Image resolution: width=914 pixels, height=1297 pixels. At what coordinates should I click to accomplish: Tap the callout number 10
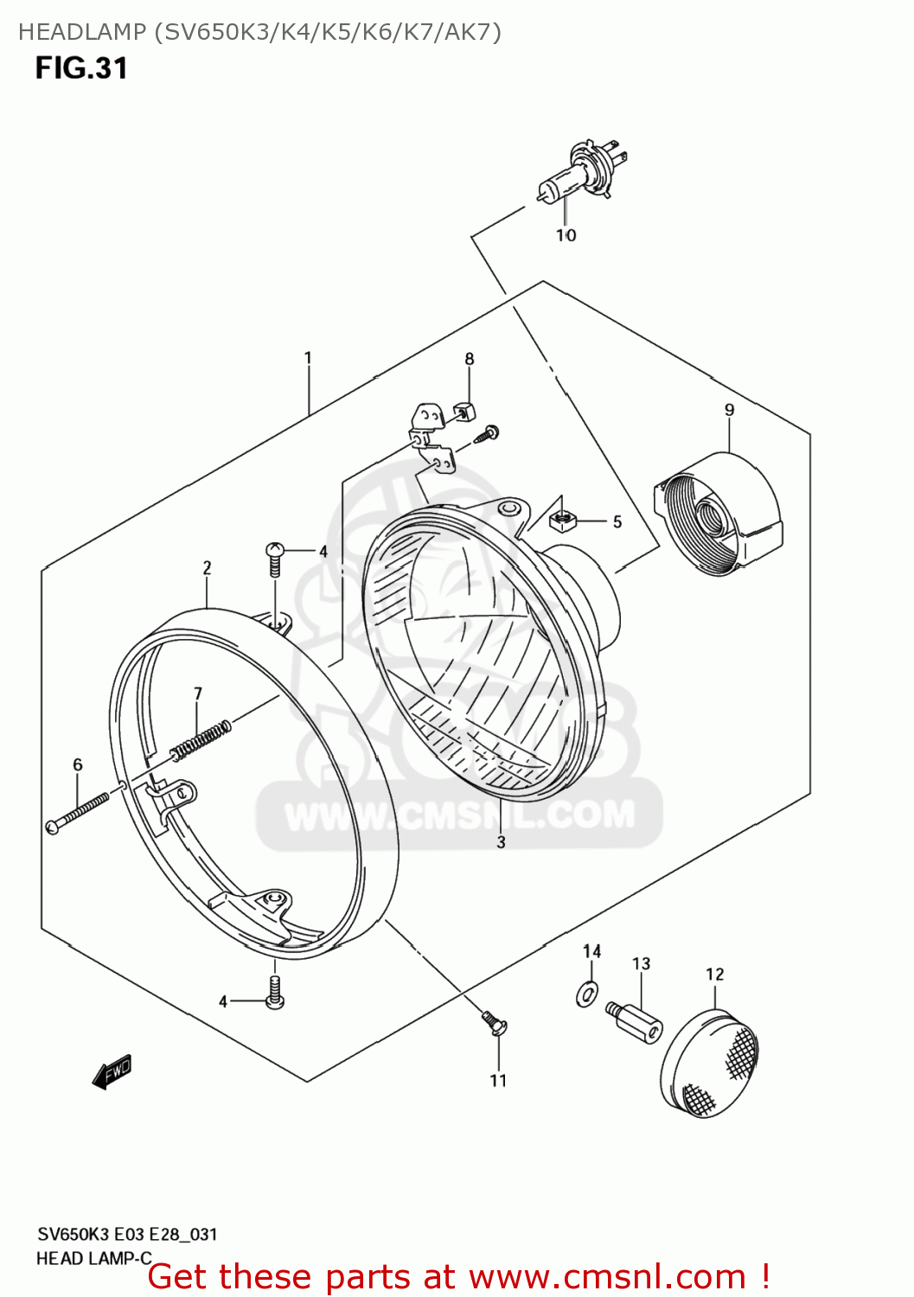point(566,235)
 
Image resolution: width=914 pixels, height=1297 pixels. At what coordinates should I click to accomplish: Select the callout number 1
point(308,358)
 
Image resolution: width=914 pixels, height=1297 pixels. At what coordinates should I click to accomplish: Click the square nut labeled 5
point(562,518)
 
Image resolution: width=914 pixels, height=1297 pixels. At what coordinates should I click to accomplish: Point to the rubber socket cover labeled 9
point(718,512)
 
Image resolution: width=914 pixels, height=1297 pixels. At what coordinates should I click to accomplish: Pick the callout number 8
point(470,359)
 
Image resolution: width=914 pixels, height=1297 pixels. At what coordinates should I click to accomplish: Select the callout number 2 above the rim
point(208,568)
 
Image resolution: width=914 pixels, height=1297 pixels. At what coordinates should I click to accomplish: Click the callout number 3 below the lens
point(501,841)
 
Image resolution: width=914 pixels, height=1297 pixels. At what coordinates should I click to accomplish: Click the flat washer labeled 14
point(588,994)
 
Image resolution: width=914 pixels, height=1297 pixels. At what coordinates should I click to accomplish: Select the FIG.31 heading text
point(81,68)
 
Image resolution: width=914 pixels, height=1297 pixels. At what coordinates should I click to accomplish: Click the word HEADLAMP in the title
point(82,32)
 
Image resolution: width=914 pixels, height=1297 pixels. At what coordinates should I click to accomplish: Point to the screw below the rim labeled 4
point(275,993)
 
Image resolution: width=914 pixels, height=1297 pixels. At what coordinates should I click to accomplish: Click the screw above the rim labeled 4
point(274,558)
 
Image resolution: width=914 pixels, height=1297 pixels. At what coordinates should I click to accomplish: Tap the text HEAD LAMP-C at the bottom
point(93,1258)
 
